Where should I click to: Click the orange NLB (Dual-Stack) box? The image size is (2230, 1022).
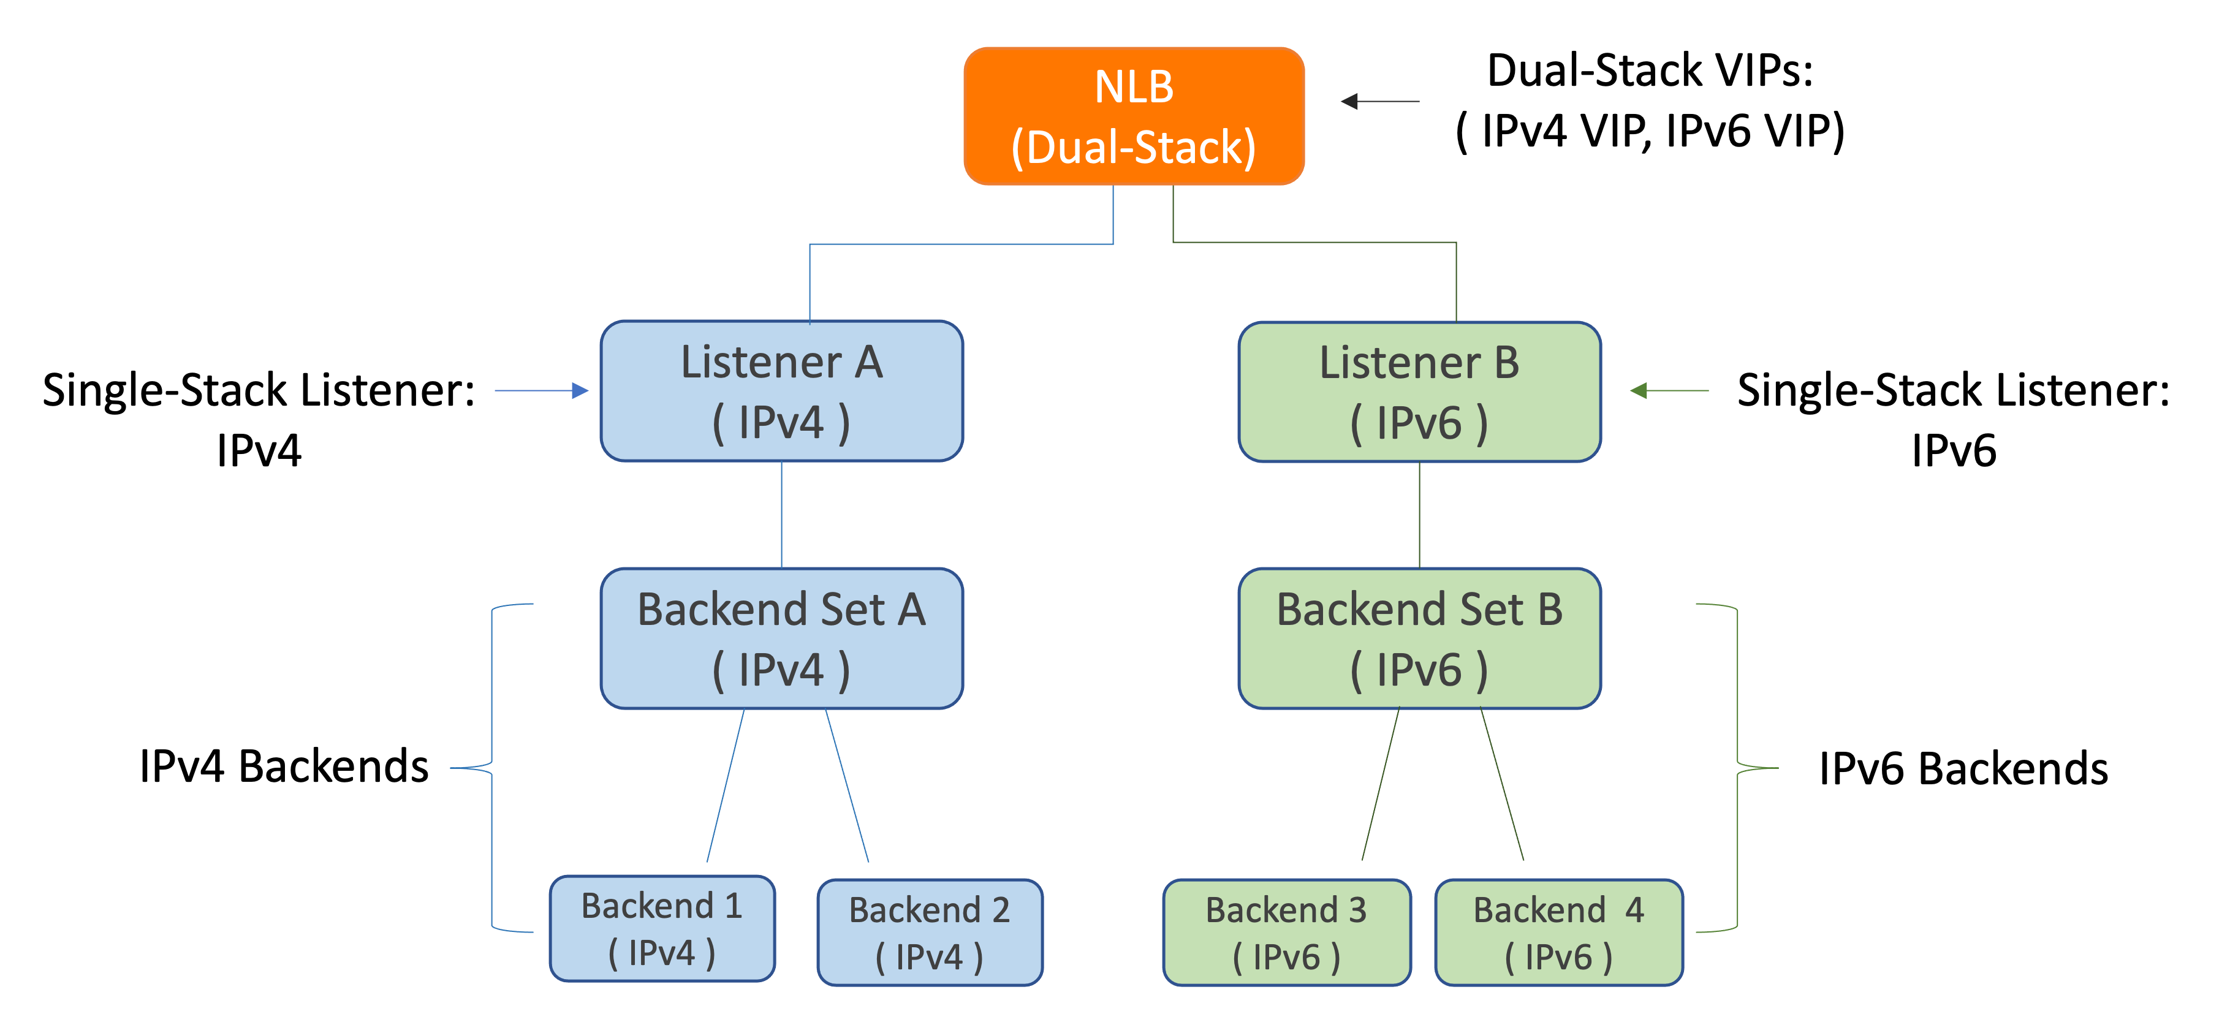point(1134,116)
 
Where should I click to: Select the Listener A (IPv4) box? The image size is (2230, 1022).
point(782,391)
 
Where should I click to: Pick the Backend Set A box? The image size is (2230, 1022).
point(782,638)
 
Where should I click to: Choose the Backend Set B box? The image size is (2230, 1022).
point(1420,638)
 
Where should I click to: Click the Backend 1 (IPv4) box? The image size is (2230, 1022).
point(662,928)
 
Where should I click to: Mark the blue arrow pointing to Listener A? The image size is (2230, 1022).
point(542,390)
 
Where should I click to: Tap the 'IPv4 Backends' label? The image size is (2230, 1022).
point(284,766)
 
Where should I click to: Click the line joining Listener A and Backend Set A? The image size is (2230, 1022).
point(782,514)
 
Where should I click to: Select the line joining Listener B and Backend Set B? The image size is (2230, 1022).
point(1420,514)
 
